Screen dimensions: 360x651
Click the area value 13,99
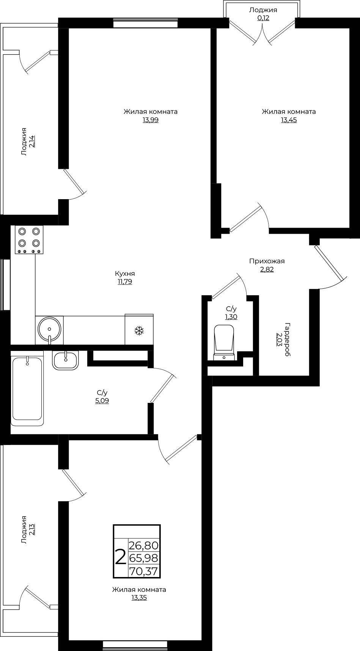click(150, 120)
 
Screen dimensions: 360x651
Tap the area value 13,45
click(289, 120)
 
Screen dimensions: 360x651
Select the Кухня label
click(125, 273)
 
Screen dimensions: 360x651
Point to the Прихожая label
click(267, 261)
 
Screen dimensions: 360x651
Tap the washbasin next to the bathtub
click(66, 360)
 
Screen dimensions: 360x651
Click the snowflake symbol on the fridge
click(139, 330)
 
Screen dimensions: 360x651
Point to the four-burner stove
click(29, 240)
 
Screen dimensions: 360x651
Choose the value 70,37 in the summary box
click(143, 571)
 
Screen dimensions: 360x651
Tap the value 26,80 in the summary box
click(143, 546)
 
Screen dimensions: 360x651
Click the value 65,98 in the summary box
click(143, 558)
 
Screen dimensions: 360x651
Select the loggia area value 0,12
click(263, 18)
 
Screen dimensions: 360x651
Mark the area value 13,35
click(139, 598)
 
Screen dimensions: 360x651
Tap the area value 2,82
click(267, 270)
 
